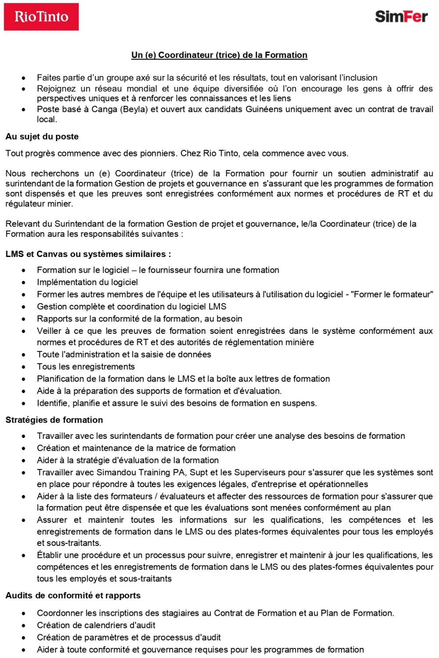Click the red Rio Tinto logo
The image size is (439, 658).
[41, 17]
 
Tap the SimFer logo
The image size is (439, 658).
[401, 17]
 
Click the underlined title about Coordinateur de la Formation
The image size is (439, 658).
[219, 55]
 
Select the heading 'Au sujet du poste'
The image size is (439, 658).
[42, 137]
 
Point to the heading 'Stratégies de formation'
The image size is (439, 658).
[54, 420]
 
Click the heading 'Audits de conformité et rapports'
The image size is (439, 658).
[73, 596]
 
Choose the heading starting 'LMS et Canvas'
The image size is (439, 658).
[88, 254]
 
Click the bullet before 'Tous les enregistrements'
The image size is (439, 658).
[24, 367]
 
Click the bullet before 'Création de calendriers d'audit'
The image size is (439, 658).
[24, 625]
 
